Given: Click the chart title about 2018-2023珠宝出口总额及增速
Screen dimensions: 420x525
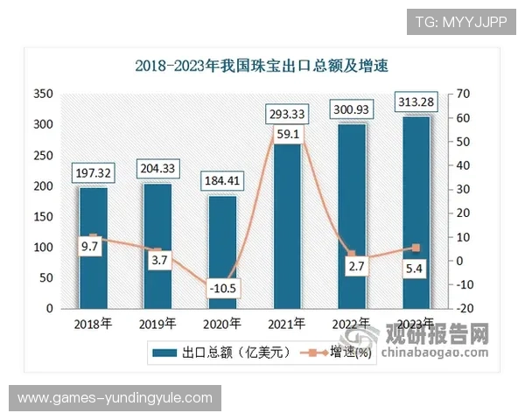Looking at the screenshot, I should (x=261, y=65).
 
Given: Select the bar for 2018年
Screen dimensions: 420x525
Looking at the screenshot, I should (x=94, y=248).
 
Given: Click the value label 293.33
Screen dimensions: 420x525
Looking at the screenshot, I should (x=286, y=113).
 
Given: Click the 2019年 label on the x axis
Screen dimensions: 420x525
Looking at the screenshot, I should (x=157, y=324).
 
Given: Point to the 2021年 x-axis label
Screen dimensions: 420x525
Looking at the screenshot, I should (x=286, y=324).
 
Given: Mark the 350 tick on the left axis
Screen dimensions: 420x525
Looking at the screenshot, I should (x=42, y=94).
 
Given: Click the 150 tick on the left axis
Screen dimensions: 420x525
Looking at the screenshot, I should (x=42, y=217).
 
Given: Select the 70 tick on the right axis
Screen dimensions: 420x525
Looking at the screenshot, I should (x=464, y=94).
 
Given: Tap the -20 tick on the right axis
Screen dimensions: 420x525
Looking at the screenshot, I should (x=464, y=309).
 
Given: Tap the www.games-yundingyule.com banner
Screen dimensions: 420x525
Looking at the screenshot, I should (x=115, y=398).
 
